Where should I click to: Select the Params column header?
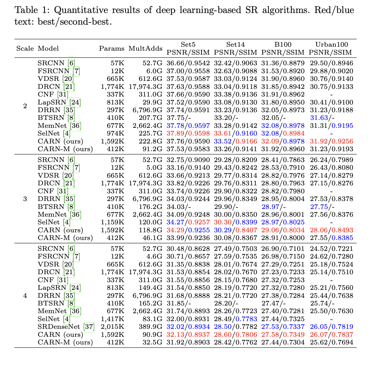(112, 49)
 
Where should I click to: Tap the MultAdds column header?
(145, 49)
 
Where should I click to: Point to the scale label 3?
(25, 199)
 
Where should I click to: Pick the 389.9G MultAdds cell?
(150, 327)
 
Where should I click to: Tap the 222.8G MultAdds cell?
(150, 141)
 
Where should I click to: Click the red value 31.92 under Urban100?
(318, 141)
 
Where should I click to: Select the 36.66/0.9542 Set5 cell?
(188, 63)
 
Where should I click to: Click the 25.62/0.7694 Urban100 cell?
(331, 342)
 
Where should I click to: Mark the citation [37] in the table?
(89, 327)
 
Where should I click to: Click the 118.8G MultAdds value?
(150, 230)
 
